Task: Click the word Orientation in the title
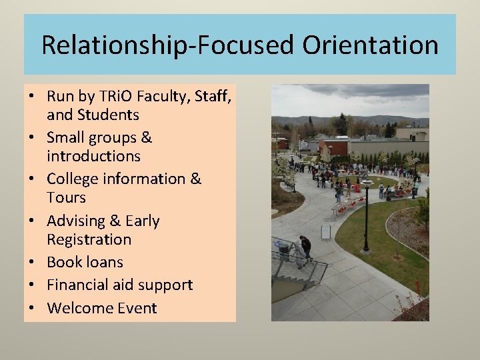pos(370,45)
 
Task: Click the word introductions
pos(94,156)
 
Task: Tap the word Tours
pos(67,197)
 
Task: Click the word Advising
pos(77,221)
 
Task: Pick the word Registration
pos(89,239)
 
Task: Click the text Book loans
pos(85,262)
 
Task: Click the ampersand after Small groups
pos(146,137)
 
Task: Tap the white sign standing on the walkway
pos(325,231)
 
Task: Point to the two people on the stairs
pos(302,251)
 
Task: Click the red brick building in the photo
pos(333,145)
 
